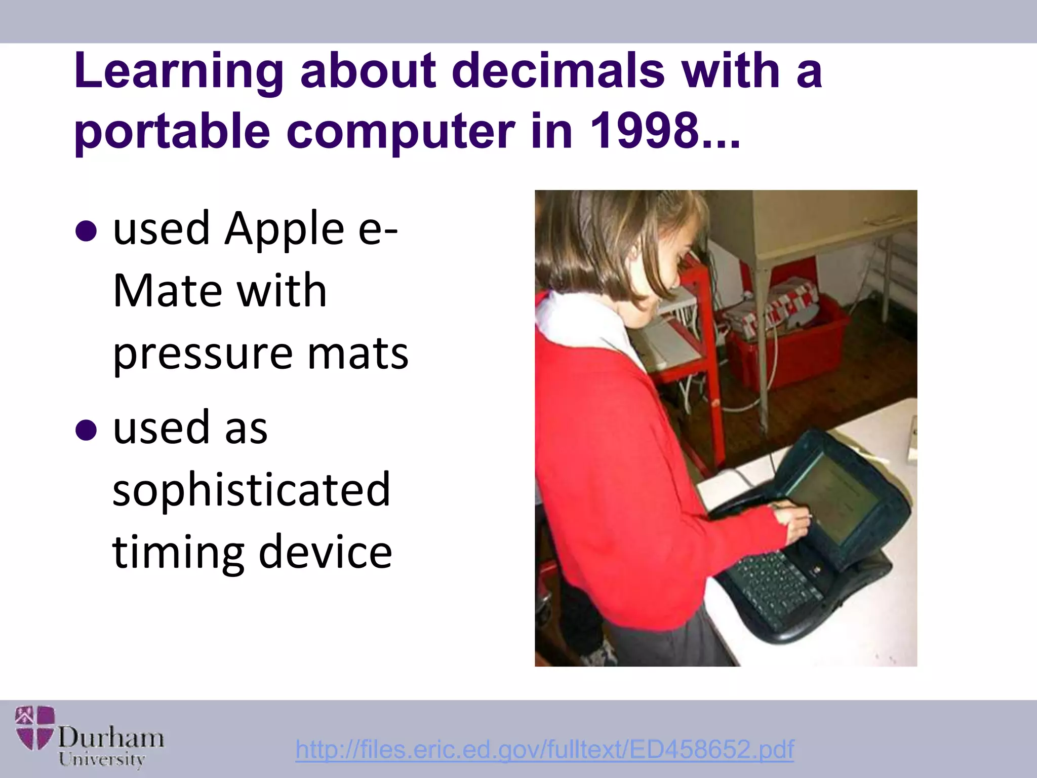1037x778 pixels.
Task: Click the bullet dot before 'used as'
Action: coord(86,431)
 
